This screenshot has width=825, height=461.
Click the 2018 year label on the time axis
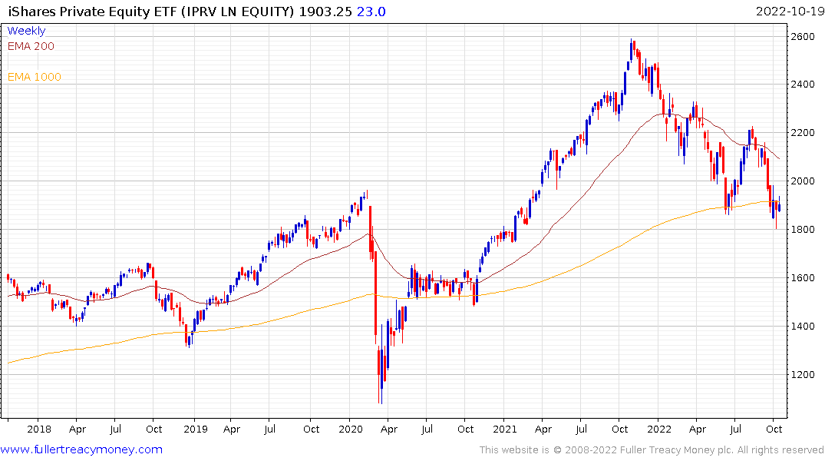pyautogui.click(x=38, y=429)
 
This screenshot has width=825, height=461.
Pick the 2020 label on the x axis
pyautogui.click(x=350, y=429)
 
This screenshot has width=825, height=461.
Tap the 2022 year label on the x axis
pyautogui.click(x=658, y=429)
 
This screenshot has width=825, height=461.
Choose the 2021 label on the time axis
pyautogui.click(x=504, y=429)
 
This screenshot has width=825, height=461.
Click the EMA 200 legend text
pyautogui.click(x=31, y=46)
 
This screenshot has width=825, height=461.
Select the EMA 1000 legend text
pyautogui.click(x=35, y=77)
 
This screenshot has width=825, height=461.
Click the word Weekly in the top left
pyautogui.click(x=26, y=31)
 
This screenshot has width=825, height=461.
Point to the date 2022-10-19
pyautogui.click(x=789, y=12)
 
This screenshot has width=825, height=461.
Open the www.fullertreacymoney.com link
pyautogui.click(x=81, y=449)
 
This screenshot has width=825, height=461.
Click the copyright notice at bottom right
pyautogui.click(x=652, y=449)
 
